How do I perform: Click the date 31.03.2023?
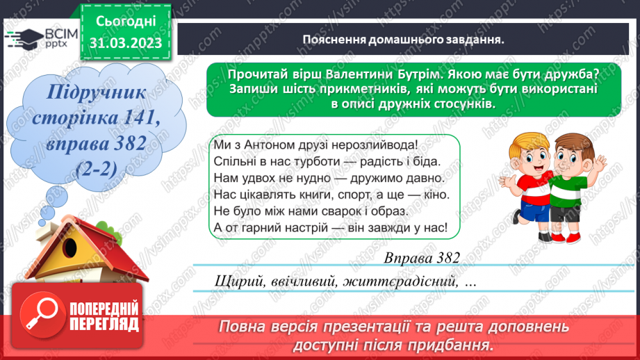pyautogui.click(x=125, y=42)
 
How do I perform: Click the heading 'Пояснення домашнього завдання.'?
pyautogui.click(x=403, y=39)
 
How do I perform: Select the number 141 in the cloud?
pyautogui.click(x=137, y=120)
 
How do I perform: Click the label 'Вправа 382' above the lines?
pyautogui.click(x=422, y=258)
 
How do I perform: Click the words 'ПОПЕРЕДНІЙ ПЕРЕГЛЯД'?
pyautogui.click(x=104, y=315)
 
